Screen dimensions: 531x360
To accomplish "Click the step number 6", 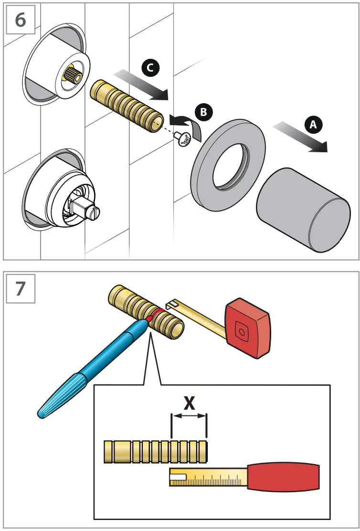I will pos(21,21).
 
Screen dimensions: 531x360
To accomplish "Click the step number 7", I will pos(21,289).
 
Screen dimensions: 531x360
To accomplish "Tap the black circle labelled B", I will pos(203,112).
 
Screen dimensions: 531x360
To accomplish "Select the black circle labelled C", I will pos(150,69).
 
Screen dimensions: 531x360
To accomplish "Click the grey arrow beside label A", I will pos(300,137).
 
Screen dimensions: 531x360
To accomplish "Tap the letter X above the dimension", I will pos(190,404).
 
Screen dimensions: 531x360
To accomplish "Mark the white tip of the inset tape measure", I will pos(180,477).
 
